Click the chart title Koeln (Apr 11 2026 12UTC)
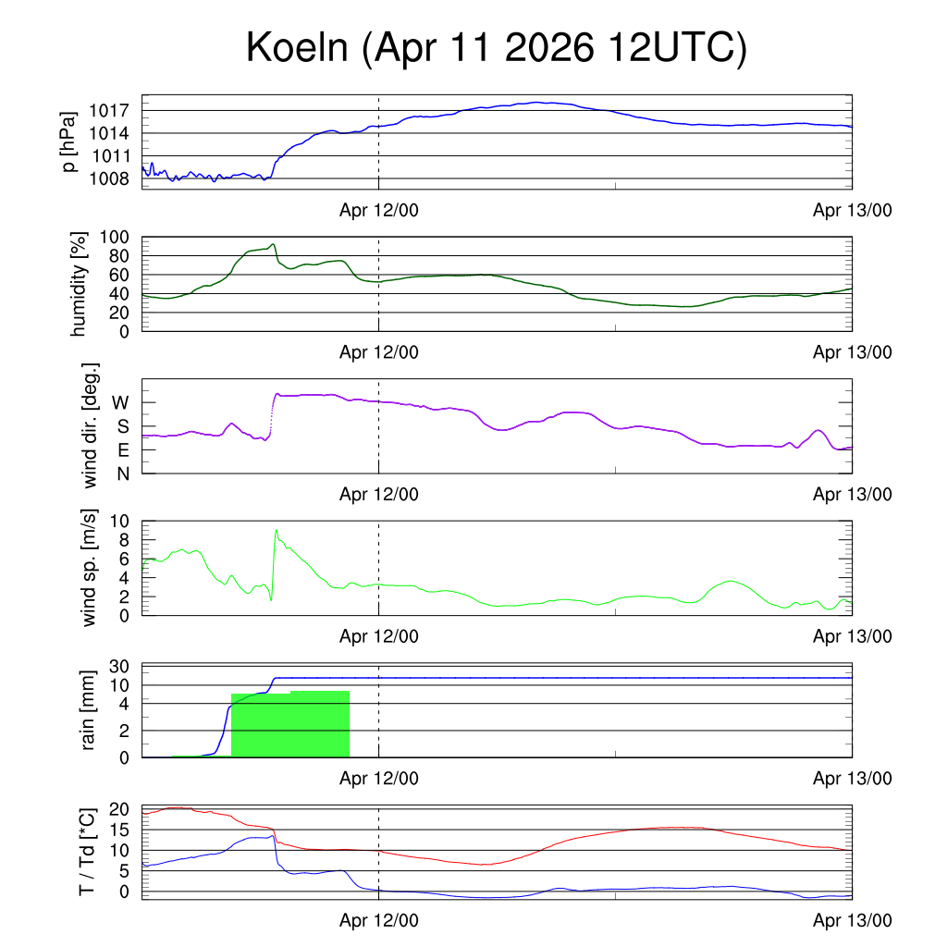(497, 47)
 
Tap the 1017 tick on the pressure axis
(109, 111)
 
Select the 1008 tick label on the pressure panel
(109, 178)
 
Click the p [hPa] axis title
(69, 141)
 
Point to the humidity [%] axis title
(79, 284)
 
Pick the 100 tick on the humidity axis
(114, 237)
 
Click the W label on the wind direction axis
(120, 402)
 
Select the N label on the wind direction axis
(123, 474)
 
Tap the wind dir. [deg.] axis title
(90, 425)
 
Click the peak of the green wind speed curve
(276, 530)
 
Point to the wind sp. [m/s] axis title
(89, 568)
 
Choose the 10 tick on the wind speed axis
(119, 522)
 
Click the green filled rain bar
(289, 724)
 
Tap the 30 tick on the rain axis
(119, 666)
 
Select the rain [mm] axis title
(88, 710)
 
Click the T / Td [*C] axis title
(87, 852)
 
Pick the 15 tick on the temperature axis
(119, 830)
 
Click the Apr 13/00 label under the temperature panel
(852, 920)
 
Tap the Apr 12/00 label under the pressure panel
(378, 210)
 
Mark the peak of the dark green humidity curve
(274, 244)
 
